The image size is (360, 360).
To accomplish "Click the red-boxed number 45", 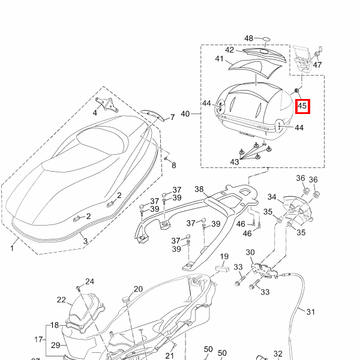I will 302,107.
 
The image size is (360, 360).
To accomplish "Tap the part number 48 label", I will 249,38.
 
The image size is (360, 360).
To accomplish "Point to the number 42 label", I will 230,50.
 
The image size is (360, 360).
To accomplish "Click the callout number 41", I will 219,59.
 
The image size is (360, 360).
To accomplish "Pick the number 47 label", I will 317,65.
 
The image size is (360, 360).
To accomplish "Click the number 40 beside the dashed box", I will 185,113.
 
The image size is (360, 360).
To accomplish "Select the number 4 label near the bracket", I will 95,113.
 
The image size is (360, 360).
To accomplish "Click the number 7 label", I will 172,117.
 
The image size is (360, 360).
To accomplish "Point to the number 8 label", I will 174,164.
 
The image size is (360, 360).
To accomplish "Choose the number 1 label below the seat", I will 13,247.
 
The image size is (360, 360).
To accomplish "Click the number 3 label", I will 85,241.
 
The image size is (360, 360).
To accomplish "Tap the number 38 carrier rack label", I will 199,188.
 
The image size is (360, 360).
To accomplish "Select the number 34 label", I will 271,197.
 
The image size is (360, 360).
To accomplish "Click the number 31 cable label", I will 310,312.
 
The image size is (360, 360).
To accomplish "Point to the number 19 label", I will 224,257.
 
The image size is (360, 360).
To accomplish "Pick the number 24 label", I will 89,281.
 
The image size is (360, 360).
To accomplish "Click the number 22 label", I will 61,300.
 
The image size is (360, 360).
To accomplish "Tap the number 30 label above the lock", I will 250,253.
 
